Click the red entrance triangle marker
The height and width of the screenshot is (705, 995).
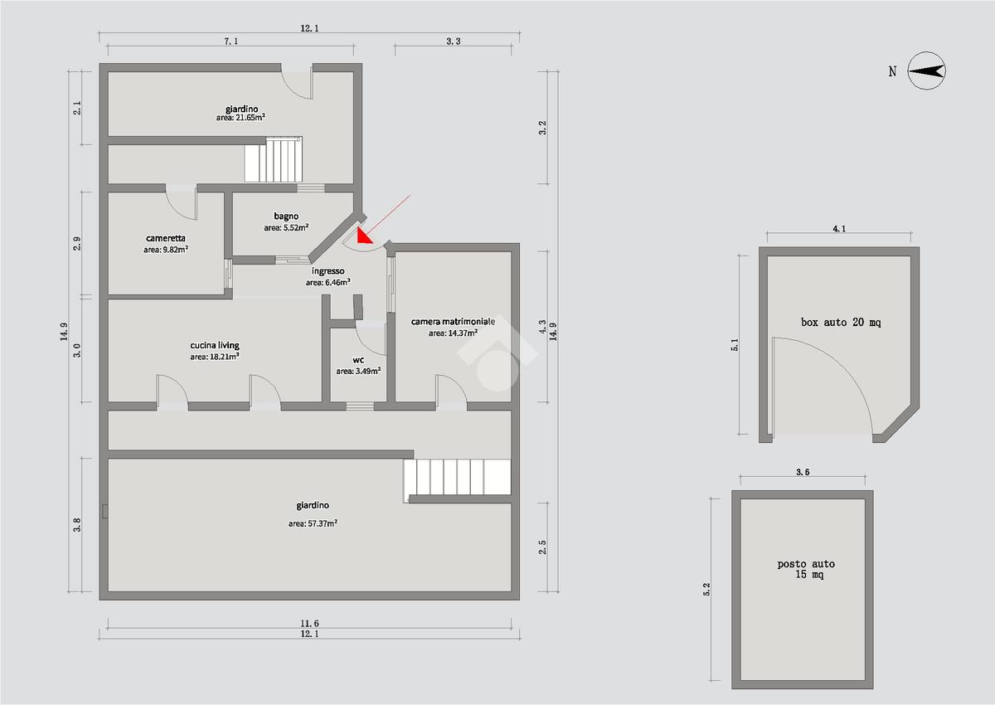[x=363, y=236]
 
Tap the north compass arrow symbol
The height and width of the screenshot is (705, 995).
[x=926, y=71]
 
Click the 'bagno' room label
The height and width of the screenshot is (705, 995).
[x=286, y=216]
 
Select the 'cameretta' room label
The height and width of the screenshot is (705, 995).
[x=166, y=239]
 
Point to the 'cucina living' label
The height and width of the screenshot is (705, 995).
[x=215, y=345]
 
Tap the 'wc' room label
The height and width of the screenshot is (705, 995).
[x=358, y=360]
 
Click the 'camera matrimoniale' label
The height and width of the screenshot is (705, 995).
[x=453, y=321]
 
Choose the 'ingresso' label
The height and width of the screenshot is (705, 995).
[x=328, y=271]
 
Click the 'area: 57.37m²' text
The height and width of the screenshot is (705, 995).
[x=313, y=523]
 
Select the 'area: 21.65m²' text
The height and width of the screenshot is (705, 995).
[x=240, y=118]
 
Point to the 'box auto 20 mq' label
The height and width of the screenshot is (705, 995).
[x=841, y=322]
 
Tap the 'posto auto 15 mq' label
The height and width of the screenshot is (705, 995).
[x=806, y=569]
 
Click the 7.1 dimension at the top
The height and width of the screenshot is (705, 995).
[x=231, y=41]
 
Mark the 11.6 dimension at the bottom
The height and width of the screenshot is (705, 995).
[x=309, y=623]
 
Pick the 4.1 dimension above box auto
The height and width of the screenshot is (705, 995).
[x=838, y=229]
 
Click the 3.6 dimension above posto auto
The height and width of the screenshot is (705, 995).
[x=803, y=472]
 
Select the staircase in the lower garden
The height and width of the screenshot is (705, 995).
[x=457, y=477]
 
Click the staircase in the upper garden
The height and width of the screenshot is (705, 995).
[x=273, y=159]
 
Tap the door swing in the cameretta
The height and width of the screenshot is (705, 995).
[x=182, y=203]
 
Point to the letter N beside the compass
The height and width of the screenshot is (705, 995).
[x=892, y=71]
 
